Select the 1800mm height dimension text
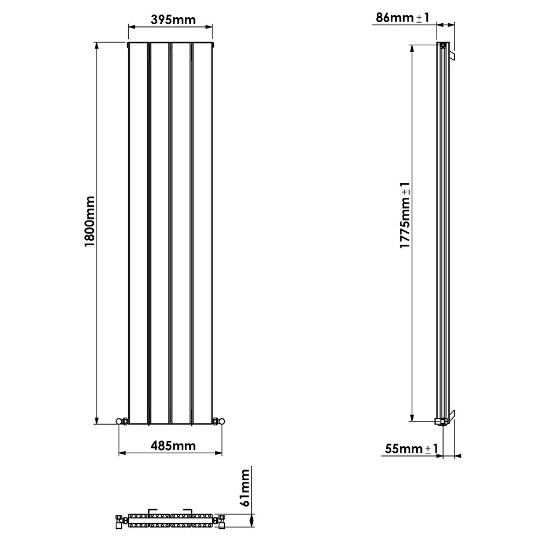click(x=89, y=221)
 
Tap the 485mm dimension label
click(x=169, y=446)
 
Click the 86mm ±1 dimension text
click(x=402, y=17)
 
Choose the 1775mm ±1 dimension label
click(x=405, y=216)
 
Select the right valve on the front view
click(x=218, y=421)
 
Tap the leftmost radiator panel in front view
click(x=138, y=232)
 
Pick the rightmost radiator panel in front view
click(x=202, y=232)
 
